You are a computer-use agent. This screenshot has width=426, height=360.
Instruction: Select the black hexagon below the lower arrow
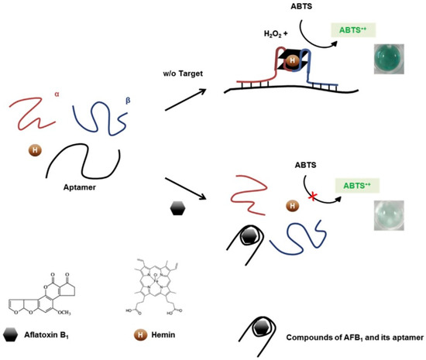click(x=177, y=208)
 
